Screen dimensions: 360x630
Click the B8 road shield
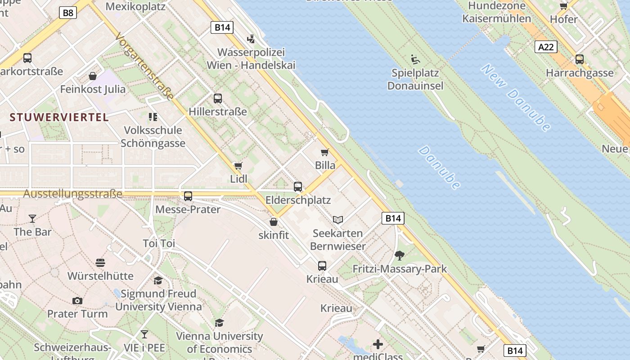[68, 13]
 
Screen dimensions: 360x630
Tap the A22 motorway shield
[546, 47]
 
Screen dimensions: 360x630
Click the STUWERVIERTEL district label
[59, 117]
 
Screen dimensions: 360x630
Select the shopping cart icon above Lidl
[238, 166]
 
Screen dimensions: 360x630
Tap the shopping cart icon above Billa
[324, 152]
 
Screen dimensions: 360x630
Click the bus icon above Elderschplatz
[298, 186]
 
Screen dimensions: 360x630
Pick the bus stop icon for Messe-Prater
[188, 196]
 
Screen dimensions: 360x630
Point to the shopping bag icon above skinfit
[273, 221]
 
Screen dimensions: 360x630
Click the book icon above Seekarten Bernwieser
[338, 220]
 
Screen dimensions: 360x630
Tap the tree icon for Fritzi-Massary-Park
[399, 256]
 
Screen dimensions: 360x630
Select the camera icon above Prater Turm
[77, 301]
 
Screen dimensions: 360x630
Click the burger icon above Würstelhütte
[100, 262]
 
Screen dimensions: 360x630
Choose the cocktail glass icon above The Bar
[32, 219]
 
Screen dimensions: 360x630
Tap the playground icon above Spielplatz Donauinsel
[415, 59]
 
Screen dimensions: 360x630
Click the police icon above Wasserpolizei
[251, 39]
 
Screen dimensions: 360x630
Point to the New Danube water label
[516, 98]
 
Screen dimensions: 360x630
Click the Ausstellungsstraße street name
[72, 194]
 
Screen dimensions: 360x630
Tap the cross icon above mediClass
[378, 344]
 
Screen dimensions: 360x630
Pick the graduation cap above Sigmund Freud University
[158, 280]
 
